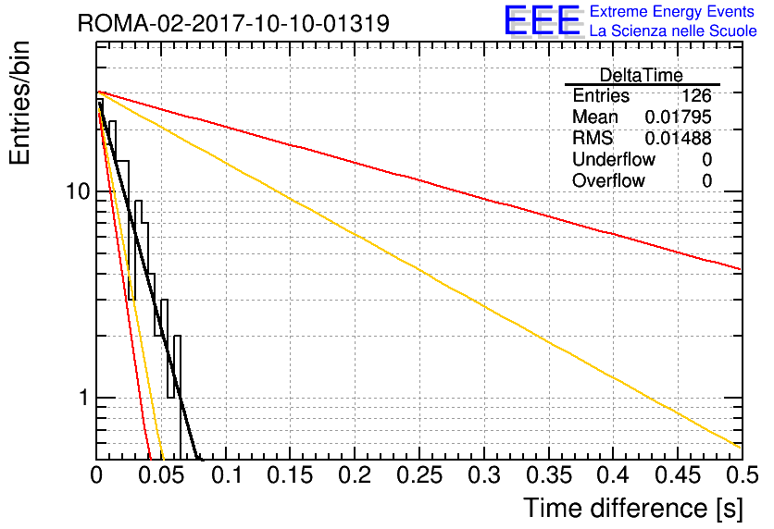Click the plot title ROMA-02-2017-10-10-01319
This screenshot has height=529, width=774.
(x=233, y=23)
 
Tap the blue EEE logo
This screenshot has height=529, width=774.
(x=543, y=20)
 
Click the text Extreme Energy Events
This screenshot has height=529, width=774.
(x=672, y=11)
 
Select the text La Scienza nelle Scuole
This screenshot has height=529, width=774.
(x=673, y=31)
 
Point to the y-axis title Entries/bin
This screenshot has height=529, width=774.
(x=19, y=103)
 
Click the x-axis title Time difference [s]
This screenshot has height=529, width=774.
(x=633, y=509)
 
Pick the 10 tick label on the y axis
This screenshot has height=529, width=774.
(x=79, y=191)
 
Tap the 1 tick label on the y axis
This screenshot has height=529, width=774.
(x=84, y=398)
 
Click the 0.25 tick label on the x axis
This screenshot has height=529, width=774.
(x=419, y=475)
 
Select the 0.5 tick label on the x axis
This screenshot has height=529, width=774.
(x=742, y=475)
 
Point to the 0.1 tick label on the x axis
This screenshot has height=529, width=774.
(x=226, y=475)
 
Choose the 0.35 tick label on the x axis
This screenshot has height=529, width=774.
(x=549, y=475)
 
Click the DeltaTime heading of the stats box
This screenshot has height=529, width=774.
(x=642, y=76)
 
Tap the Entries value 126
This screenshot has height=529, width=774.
(x=696, y=95)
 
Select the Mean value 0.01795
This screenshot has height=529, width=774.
(x=679, y=117)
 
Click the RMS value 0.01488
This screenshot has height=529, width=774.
(x=679, y=139)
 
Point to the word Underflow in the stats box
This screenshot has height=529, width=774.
(x=614, y=160)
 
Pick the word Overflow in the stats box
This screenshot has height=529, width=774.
(x=608, y=181)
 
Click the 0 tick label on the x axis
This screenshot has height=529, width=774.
(x=96, y=475)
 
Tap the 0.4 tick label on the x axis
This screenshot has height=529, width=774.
(x=613, y=475)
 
